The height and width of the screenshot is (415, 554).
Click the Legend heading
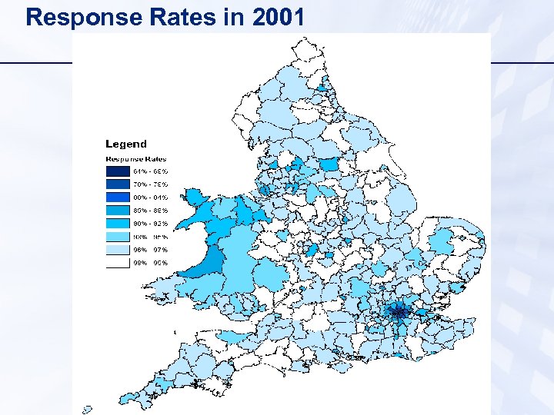125,144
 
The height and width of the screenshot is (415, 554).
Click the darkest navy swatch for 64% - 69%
118,171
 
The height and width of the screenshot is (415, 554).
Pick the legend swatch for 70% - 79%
118,184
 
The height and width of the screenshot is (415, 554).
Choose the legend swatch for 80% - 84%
118,197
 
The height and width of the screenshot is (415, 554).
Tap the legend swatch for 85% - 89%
118,210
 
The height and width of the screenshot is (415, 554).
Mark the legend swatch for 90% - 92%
118,223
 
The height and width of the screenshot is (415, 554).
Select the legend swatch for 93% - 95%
118,236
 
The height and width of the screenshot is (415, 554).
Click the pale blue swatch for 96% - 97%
118,249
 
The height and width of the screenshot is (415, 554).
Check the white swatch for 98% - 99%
118,262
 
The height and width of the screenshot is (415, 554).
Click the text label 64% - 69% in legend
151,171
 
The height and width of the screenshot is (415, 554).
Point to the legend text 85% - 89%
151,210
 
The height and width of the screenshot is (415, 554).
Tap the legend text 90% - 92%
151,223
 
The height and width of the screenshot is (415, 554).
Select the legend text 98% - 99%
151,262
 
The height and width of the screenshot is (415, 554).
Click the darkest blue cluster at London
400,312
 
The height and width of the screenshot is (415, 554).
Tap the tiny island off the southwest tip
87,410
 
